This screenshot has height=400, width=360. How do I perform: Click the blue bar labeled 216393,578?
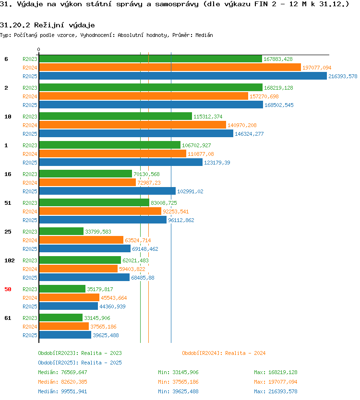tap(183, 76)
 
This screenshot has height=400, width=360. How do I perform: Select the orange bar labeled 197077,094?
tap(170, 67)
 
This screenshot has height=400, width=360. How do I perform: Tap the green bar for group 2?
tap(151, 87)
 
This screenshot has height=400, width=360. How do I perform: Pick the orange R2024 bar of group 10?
tap(132, 125)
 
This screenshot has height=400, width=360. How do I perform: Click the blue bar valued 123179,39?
tap(121, 162)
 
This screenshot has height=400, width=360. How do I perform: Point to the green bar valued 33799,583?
tap(61, 231)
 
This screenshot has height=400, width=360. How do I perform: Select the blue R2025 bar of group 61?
tap(65, 335)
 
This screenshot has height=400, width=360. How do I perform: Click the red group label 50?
tap(8, 289)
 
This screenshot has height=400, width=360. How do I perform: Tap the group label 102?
tap(10, 260)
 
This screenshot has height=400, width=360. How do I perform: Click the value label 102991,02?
tap(190, 191)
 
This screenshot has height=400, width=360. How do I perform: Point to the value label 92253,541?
tap(176, 212)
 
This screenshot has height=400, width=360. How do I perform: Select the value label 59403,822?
tap(132, 269)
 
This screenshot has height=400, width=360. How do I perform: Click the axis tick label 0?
tap(38, 49)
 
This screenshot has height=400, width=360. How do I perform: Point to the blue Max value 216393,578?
tap(283, 391)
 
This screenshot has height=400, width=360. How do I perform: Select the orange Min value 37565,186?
tap(185, 382)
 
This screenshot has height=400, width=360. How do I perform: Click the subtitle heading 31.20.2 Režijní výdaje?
tap(47, 25)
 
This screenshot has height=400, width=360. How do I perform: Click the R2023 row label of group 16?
tap(30, 174)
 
